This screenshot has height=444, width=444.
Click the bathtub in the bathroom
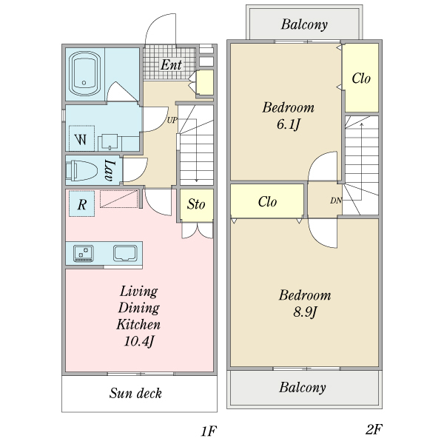[85, 74]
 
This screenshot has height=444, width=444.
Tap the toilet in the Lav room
[81, 170]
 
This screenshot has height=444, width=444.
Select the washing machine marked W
[81, 138]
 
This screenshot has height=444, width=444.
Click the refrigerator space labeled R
[82, 204]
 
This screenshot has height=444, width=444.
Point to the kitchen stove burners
[83, 253]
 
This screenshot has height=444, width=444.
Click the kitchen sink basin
[125, 253]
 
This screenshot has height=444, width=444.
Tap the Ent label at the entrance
[171, 65]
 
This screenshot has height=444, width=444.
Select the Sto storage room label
[196, 204]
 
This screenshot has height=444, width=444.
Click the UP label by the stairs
[172, 121]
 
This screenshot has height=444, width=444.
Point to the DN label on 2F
[336, 201]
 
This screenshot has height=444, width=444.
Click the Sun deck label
[135, 393]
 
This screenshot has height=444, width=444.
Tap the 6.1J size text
[289, 124]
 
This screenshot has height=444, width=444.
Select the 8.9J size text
[305, 312]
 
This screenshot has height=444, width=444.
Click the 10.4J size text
[139, 341]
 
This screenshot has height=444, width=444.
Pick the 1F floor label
[209, 431]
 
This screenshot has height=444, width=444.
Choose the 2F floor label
[374, 429]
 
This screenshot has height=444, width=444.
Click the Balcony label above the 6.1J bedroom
[304, 24]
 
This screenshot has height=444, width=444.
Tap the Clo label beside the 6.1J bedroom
[361, 78]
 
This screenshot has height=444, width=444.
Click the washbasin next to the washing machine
[110, 141]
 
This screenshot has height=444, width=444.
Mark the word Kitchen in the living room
[138, 325]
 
